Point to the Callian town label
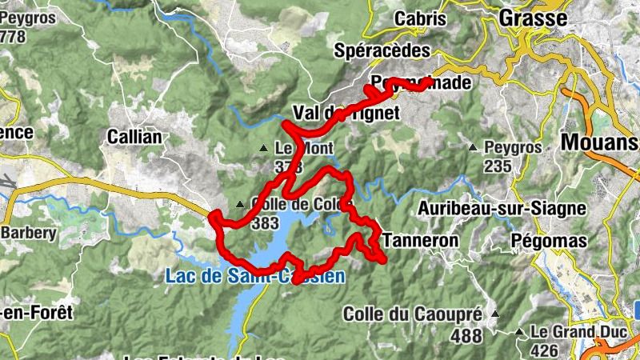(x=134, y=138)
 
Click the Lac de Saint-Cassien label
(x=255, y=278)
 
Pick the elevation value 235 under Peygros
(x=498, y=166)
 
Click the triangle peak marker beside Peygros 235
(x=473, y=147)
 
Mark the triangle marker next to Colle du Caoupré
(x=496, y=314)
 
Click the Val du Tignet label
(x=346, y=113)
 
